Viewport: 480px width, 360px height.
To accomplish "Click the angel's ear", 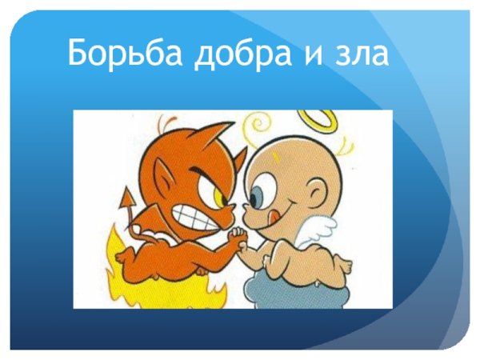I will coord(318,191).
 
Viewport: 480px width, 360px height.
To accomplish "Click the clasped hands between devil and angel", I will coord(238,237).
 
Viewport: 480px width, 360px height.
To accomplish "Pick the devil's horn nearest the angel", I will coord(225,133).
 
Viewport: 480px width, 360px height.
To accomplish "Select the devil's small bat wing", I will coord(147,223).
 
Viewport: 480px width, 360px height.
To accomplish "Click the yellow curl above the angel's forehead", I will coord(260,125).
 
